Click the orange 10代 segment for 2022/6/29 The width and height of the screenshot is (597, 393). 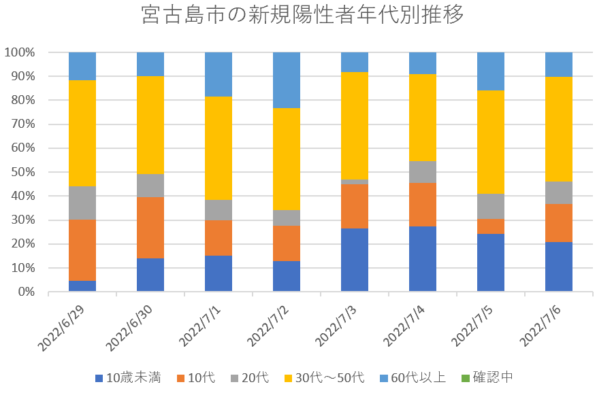click(82, 250)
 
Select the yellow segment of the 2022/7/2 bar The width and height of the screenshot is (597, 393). click(287, 159)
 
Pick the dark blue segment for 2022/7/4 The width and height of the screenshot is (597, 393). click(423, 259)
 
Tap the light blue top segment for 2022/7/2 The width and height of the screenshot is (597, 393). click(287, 80)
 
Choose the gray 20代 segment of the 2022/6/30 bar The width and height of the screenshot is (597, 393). click(150, 186)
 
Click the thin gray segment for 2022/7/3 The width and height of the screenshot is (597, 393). click(355, 182)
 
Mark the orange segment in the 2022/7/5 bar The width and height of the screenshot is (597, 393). click(491, 226)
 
